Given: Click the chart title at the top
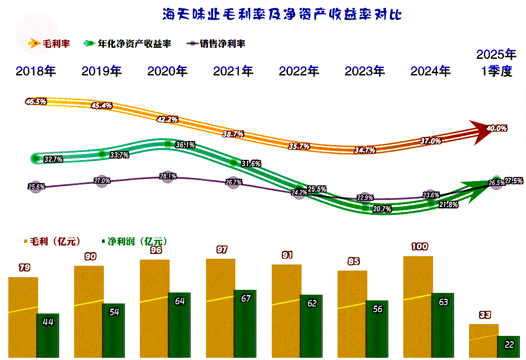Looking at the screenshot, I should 282,14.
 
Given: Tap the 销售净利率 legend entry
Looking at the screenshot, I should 217,43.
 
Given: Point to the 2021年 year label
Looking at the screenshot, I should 233,71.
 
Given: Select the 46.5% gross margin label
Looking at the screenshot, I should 36,102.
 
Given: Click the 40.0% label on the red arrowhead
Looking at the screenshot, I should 497,128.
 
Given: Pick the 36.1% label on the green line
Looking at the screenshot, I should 185,145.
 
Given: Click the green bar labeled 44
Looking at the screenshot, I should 48,335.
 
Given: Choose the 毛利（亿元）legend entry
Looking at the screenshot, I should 52,242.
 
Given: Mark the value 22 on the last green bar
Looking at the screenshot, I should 509,345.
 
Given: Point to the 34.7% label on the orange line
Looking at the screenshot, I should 364,150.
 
